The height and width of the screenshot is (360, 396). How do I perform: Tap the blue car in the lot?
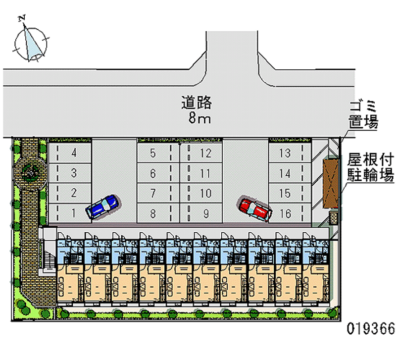pos(102,206)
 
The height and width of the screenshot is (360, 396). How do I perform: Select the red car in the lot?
pos(255,208)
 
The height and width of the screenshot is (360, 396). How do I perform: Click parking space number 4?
pos(74,153)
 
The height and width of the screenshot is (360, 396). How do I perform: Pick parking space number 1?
pos(74,213)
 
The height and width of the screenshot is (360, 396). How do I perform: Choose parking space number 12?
pos(206,153)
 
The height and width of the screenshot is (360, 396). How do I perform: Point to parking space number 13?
pos(285,153)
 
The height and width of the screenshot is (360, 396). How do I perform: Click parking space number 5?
pos(153,153)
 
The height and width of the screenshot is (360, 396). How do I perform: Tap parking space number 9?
pos(206,213)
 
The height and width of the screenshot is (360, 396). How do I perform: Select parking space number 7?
pos(153,193)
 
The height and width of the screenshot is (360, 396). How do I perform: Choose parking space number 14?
pos(285,173)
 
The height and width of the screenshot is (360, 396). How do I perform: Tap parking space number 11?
pos(206,173)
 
